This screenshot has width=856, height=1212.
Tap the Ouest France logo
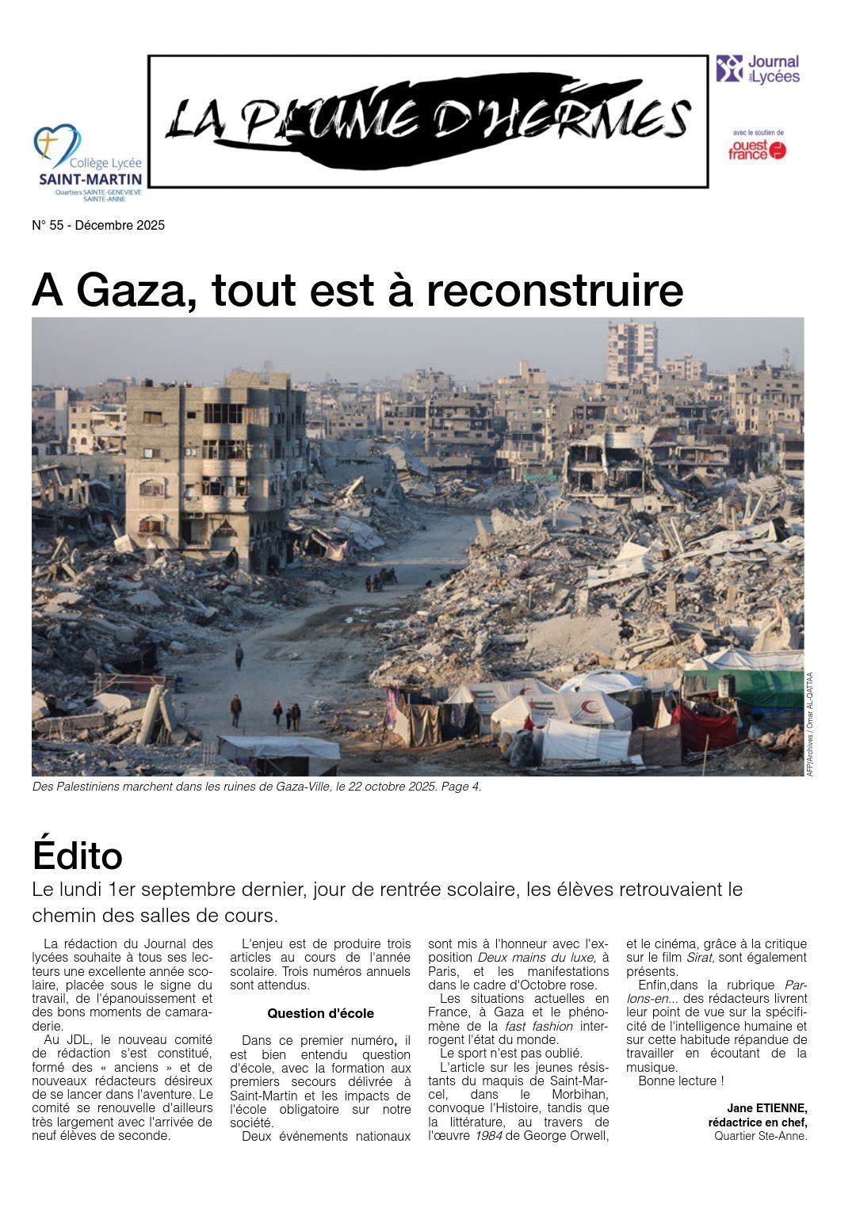pos(757,150)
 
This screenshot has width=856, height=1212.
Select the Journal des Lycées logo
pos(757,69)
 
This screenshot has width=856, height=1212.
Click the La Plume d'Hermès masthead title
pos(428,120)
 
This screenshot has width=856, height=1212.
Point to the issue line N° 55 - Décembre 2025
pos(98,225)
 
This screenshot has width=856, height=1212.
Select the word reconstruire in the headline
pos(555,290)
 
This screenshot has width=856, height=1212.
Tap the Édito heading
pos(78,856)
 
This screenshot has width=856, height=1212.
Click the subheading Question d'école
pos(320,1013)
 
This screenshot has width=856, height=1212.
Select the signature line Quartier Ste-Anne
pos(760,1136)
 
